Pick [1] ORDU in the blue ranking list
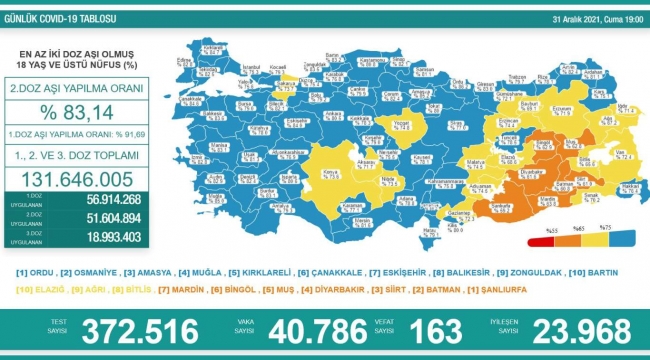pyautogui.click(x=33, y=272)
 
